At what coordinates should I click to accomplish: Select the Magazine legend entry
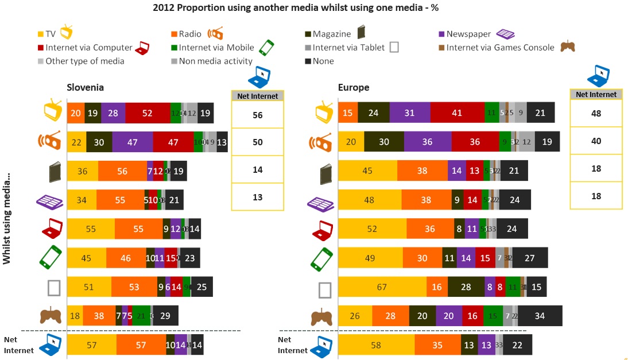pyautogui.click(x=332, y=34)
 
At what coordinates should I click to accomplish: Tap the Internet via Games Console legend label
pyautogui.click(x=500, y=48)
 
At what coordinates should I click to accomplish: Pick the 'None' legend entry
pyautogui.click(x=323, y=61)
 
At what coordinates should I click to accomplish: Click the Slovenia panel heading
pyautogui.click(x=86, y=87)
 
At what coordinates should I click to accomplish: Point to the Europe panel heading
pyautogui.click(x=354, y=87)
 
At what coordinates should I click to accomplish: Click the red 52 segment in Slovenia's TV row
pyautogui.click(x=148, y=113)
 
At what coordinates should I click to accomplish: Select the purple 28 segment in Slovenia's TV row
pyautogui.click(x=113, y=113)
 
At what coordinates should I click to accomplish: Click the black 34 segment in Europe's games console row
pyautogui.click(x=540, y=316)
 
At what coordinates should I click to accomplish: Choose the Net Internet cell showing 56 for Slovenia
pyautogui.click(x=257, y=115)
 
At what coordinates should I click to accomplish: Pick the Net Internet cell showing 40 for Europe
pyautogui.click(x=596, y=141)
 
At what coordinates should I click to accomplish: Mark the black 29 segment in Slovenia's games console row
pyautogui.click(x=165, y=316)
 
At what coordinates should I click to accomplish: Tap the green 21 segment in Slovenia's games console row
pyautogui.click(x=141, y=316)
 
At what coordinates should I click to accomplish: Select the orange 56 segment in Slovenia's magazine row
pyautogui.click(x=122, y=171)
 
